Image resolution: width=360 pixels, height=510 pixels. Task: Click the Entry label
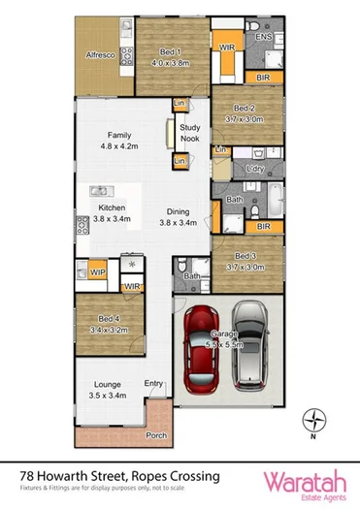point(153,384)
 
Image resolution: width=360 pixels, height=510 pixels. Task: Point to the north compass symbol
point(311,420)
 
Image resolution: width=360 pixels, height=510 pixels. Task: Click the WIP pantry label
point(98,272)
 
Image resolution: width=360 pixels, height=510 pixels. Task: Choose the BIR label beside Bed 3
point(263,226)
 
